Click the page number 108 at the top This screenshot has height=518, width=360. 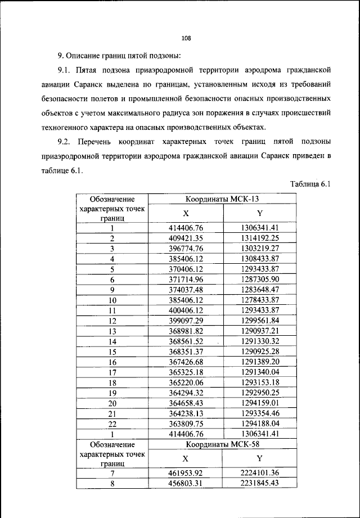[x=187, y=38]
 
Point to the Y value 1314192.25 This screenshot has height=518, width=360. [x=259, y=238]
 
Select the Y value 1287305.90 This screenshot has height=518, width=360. [x=259, y=279]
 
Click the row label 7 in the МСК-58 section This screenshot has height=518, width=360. [x=112, y=472]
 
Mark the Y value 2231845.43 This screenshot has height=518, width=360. [x=259, y=483]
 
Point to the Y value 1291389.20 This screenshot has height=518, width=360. [x=259, y=362]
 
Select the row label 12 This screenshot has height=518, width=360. [x=112, y=321]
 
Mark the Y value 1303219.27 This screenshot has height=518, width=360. [x=259, y=248]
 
